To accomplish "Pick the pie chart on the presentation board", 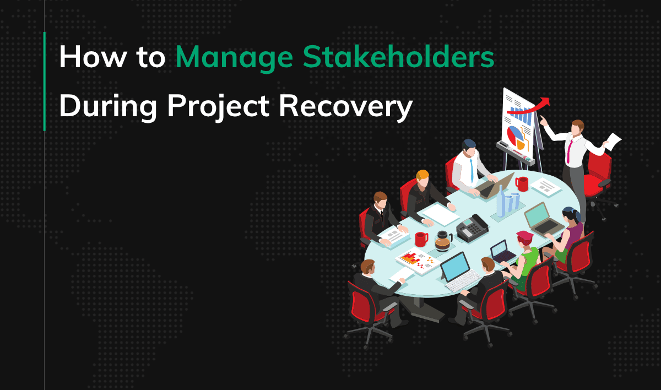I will (516, 135).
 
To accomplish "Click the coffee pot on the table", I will (442, 240).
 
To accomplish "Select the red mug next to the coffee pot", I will (421, 239).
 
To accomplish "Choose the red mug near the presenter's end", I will (521, 183).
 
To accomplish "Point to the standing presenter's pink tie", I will (568, 148).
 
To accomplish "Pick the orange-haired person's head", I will (422, 177).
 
